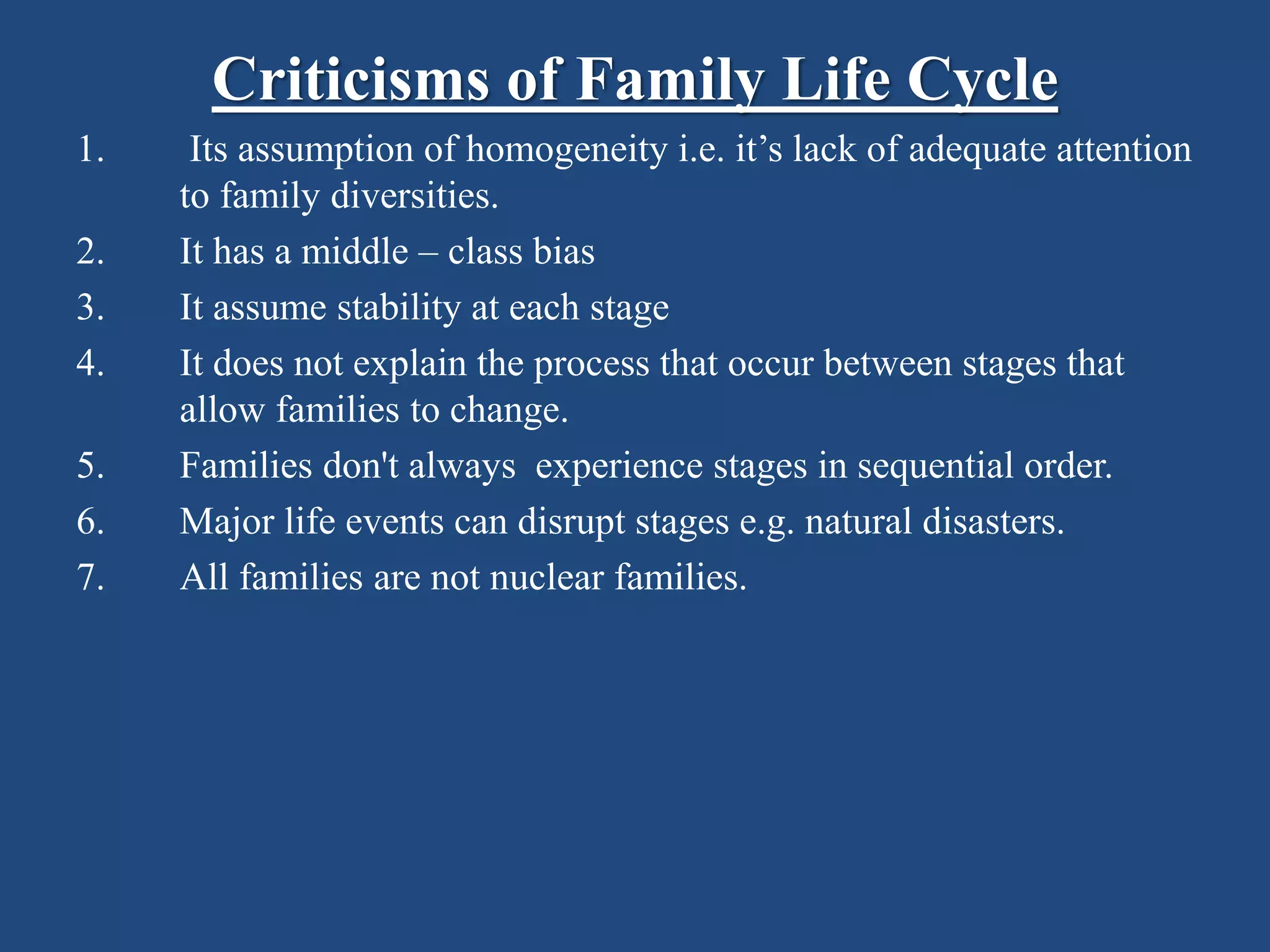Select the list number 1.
coord(90,150)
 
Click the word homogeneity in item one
coord(566,151)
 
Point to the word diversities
coord(414,196)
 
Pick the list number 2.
coord(90,252)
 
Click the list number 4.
coord(90,364)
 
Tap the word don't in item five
coord(360,465)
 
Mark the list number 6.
coord(90,522)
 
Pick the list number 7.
coord(90,578)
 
